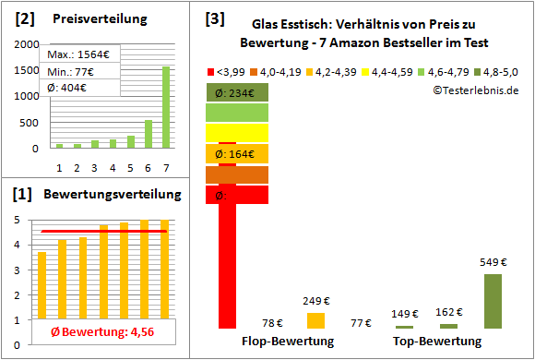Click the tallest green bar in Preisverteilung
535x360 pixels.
point(166,106)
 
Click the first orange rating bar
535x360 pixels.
point(42,285)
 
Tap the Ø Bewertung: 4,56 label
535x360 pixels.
point(97,332)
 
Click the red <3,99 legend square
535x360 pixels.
point(213,70)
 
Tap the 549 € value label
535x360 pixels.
point(493,262)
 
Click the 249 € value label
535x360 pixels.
point(315,301)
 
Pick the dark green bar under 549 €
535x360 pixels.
point(493,301)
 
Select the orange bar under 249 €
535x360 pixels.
point(315,320)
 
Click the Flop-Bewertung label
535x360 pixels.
point(288,342)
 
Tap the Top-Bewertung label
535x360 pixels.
point(437,342)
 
